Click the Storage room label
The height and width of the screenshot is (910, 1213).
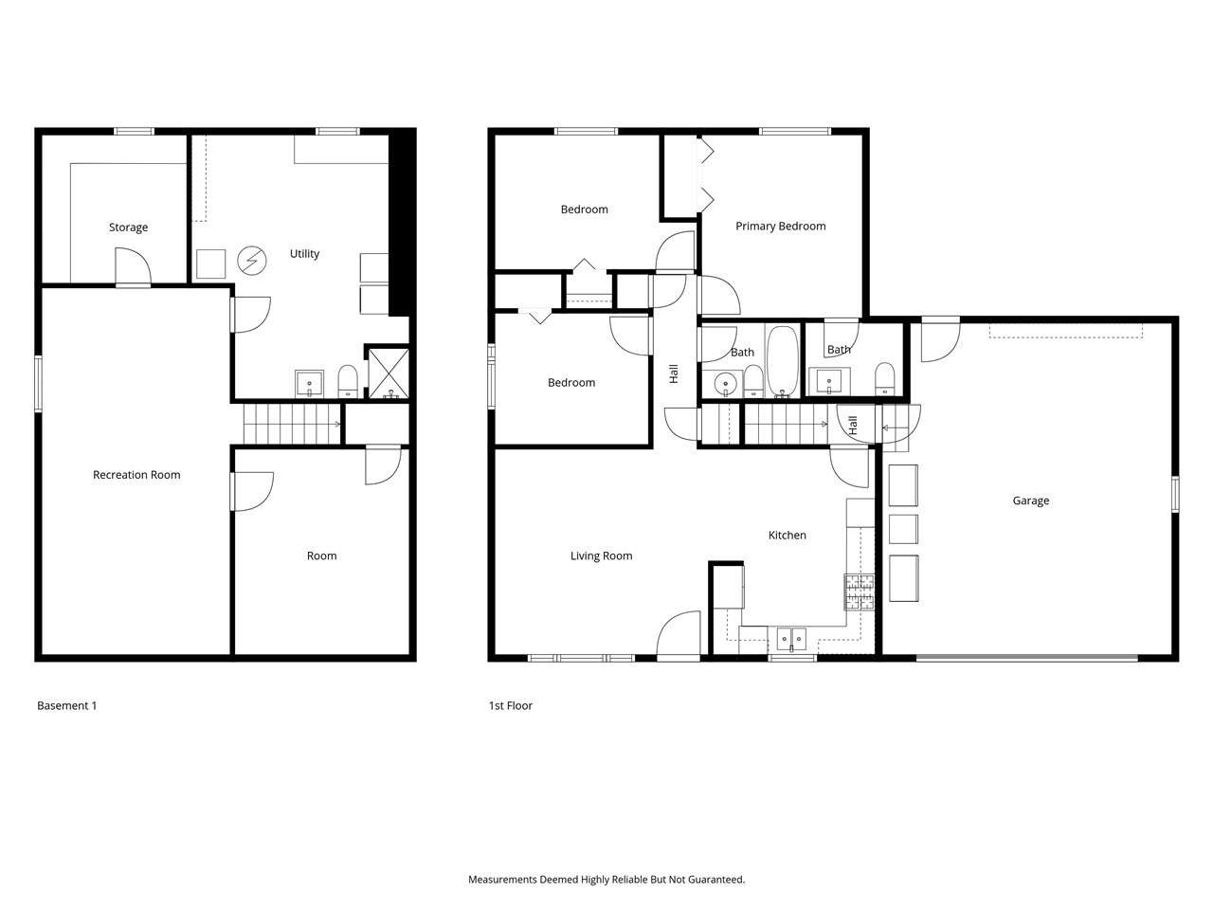pos(128,227)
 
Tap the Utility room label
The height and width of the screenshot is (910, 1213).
pos(304,254)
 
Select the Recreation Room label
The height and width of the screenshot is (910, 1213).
pos(136,475)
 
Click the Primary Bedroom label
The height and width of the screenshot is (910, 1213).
pos(780,227)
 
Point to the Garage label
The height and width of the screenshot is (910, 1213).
pos(1030,500)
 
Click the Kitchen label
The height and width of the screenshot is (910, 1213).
pos(787,536)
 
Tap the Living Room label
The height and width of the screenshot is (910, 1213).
pos(601,556)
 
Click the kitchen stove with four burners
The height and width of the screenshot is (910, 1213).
pos(860,591)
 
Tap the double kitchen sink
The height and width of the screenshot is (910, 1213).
pos(790,640)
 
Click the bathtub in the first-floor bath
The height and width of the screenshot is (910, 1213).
pos(783,361)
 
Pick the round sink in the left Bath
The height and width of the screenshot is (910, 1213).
pos(725,385)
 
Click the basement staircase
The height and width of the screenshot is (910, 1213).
pos(291,423)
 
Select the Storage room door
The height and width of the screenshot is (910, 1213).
pos(133,267)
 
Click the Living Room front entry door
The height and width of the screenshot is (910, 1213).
pos(679,637)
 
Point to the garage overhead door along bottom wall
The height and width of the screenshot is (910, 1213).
pos(1026,656)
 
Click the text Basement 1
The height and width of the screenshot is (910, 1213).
pos(66,705)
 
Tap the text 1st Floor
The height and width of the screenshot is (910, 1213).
pos(510,705)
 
